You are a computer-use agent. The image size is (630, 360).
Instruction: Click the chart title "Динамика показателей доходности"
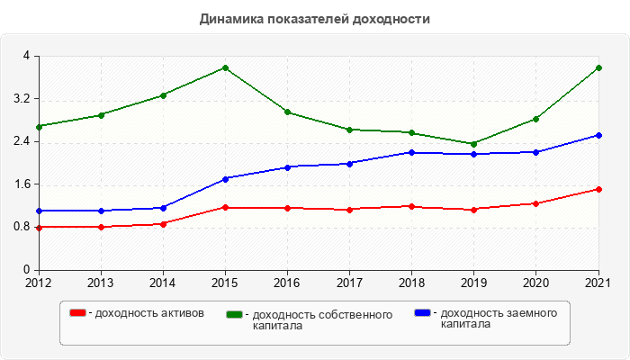(314, 18)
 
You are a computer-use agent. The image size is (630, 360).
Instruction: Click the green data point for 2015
(225, 67)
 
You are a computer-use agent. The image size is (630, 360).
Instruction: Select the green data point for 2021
(598, 67)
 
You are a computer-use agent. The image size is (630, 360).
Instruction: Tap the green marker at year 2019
(474, 144)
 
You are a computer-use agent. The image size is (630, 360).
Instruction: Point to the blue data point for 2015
(225, 178)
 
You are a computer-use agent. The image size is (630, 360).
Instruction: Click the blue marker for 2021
(598, 135)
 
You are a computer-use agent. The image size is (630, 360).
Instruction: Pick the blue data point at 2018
(412, 152)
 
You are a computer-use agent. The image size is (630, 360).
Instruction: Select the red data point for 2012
(39, 227)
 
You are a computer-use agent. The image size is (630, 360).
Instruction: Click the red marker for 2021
(598, 189)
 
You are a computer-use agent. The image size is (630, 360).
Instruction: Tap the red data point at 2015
(225, 208)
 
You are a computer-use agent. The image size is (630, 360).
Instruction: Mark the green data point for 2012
(39, 126)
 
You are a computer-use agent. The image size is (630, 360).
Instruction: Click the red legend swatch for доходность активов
(78, 312)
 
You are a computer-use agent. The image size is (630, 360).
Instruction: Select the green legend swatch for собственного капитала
(235, 314)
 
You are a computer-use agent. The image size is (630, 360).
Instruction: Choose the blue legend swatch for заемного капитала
(423, 312)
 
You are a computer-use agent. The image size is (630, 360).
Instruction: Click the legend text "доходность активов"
(148, 313)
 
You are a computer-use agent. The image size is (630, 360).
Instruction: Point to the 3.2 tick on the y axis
(22, 99)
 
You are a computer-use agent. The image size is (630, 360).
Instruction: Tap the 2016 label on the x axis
(287, 282)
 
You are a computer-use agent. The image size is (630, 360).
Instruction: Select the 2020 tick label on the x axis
(536, 282)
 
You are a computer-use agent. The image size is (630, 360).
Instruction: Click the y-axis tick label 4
(26, 56)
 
